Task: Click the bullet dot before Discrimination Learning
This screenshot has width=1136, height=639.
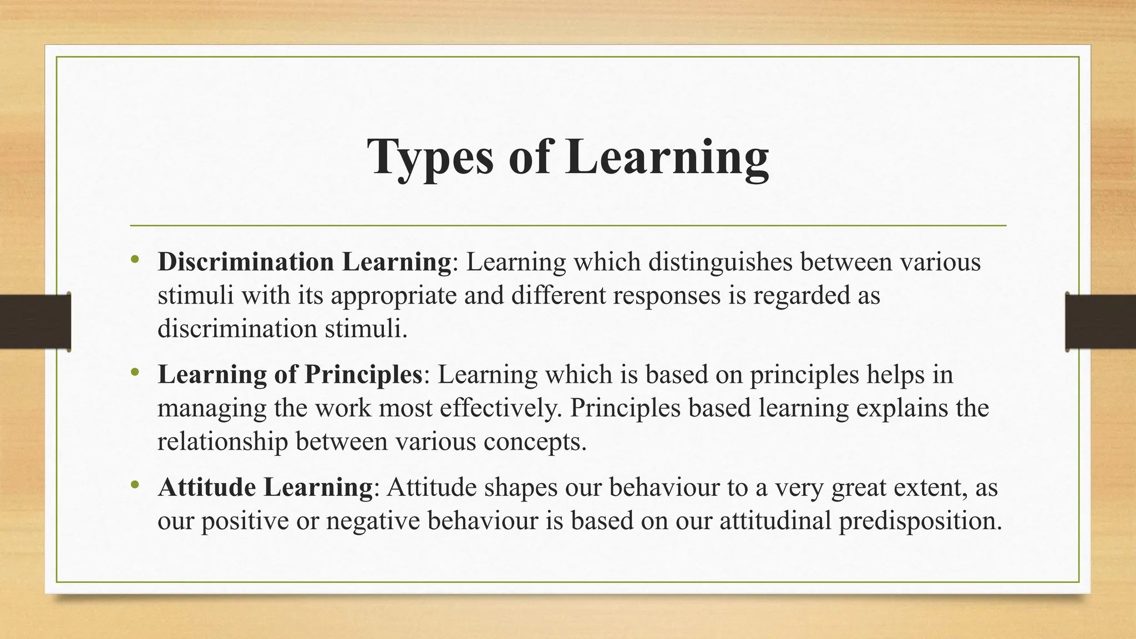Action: pos(135,260)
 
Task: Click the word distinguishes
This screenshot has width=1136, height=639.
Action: pos(720,262)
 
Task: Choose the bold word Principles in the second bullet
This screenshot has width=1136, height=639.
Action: pos(363,374)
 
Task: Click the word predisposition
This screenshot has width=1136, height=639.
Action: pos(920,521)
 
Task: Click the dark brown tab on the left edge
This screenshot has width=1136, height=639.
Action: pos(35,322)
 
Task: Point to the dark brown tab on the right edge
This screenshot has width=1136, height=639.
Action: pos(1100,322)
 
